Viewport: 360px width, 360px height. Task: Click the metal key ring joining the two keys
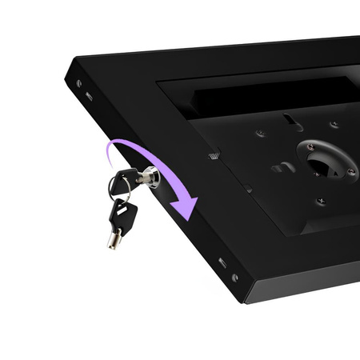[118, 188]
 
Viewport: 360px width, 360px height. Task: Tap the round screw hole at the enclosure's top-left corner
[78, 82]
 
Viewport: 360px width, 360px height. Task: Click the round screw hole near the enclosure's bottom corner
[234, 278]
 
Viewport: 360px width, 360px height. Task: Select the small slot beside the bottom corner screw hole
[222, 262]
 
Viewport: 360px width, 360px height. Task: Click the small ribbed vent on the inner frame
[214, 154]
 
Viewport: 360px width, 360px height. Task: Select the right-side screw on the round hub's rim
[350, 170]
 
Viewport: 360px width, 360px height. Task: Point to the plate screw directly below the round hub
[322, 200]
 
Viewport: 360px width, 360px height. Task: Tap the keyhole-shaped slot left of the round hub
[282, 167]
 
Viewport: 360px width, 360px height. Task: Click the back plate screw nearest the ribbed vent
[259, 134]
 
